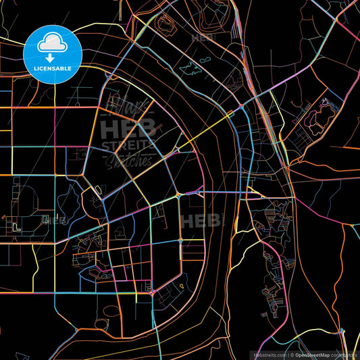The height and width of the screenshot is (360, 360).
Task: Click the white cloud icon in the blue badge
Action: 53,43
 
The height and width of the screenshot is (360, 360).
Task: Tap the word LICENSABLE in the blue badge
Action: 53,69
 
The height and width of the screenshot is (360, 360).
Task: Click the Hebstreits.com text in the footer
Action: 269,355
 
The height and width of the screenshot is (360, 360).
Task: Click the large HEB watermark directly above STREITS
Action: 128,128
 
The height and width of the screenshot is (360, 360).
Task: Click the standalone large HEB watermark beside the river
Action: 200,221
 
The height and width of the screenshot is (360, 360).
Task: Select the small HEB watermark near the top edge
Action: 202,38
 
